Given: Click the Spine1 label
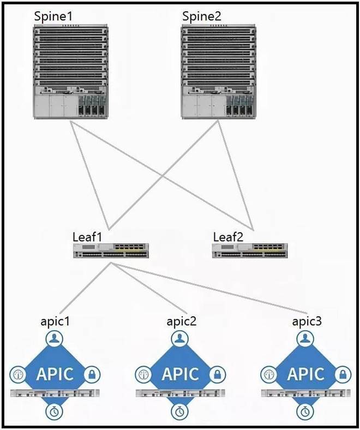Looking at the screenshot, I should click(53, 15).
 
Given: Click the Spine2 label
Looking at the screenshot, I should click(200, 15).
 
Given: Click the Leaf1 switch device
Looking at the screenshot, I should click(111, 250).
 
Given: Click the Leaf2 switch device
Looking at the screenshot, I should click(250, 250).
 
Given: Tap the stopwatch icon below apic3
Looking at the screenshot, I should click(305, 410).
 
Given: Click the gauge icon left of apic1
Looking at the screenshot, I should click(18, 375).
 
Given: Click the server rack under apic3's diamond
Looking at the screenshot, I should click(305, 394).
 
